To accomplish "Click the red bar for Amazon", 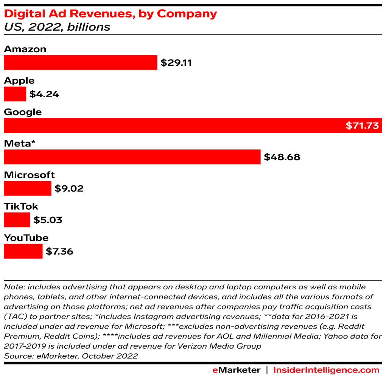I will point(80,62).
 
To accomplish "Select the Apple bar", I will point(15,94).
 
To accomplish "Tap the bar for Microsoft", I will point(27,188).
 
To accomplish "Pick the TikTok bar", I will point(17,220).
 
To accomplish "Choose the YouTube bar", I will point(23,251).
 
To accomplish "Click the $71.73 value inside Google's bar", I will point(362,126).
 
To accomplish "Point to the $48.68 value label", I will point(282,157).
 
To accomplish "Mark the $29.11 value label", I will point(176,63).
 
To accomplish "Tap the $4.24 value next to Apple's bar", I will point(44,94).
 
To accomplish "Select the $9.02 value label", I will point(69,188).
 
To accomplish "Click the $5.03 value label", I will point(48,220).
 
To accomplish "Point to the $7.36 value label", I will point(59,251).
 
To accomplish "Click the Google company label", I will point(23,112).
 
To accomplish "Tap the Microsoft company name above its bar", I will point(29,175).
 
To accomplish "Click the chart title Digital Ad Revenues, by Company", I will point(111,14).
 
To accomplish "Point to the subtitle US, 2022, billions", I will point(57,27).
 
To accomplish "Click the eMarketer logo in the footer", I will point(236,370).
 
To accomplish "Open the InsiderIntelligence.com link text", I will point(326,370).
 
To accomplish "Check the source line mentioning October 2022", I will point(71,356).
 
